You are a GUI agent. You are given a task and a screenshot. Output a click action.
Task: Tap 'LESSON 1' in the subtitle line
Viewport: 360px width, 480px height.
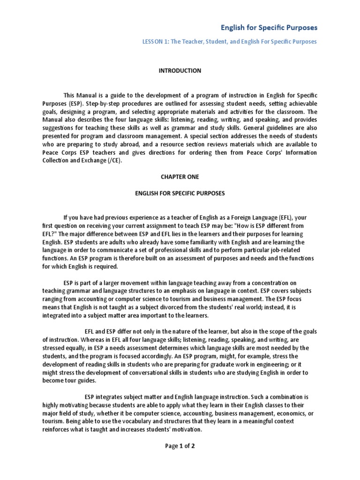[x=155, y=42]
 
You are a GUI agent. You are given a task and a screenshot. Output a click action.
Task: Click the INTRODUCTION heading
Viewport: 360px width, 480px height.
[x=180, y=71]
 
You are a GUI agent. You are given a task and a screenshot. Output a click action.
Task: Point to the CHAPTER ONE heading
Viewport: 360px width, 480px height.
[x=180, y=177]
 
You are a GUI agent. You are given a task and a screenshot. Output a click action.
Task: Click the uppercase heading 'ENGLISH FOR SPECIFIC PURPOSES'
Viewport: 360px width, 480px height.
[x=180, y=193]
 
